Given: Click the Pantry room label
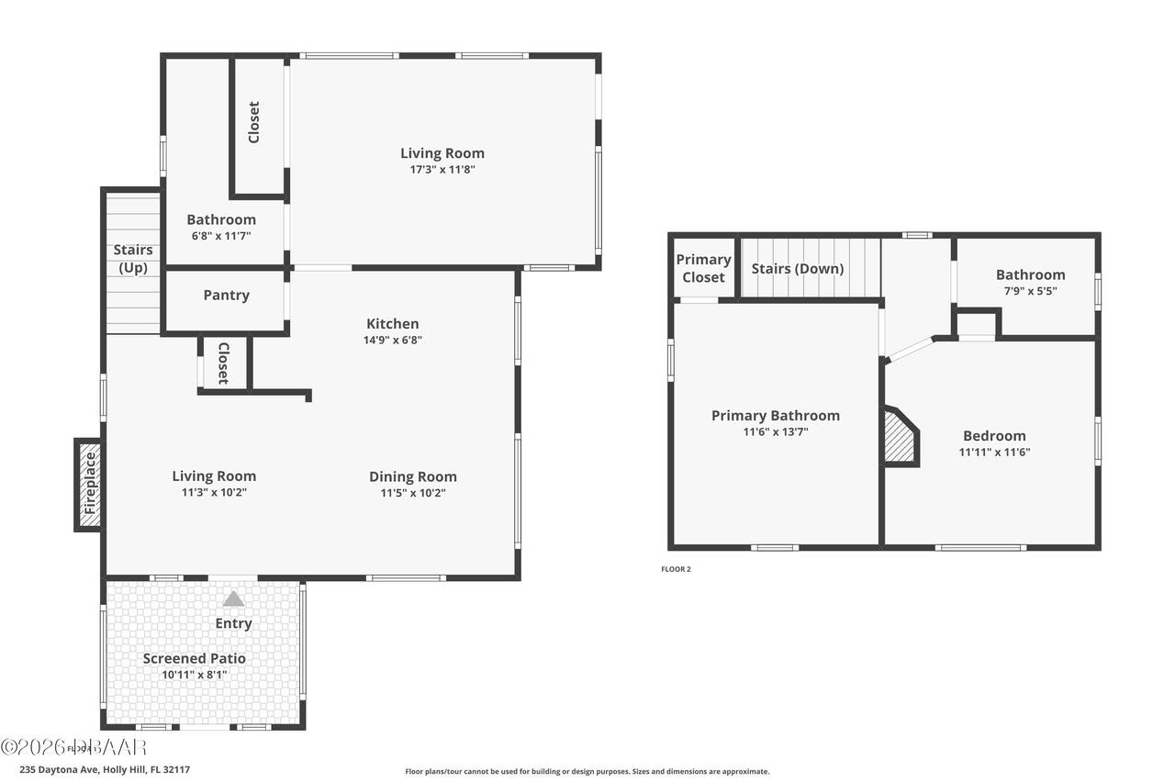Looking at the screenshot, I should [226, 296].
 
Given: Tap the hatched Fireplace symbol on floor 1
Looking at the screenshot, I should [90, 485].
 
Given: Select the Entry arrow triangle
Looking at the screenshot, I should [234, 599].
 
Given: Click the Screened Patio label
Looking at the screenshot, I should [194, 658].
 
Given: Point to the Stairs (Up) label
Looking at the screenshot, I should [133, 259].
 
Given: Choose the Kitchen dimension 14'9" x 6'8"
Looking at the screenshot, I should [393, 340].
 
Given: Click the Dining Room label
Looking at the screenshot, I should [412, 476].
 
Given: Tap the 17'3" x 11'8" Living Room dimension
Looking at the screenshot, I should [442, 170].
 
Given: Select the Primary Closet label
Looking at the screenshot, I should [703, 268].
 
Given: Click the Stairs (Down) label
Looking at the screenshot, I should [797, 269].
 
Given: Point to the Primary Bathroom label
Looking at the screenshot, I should [775, 416].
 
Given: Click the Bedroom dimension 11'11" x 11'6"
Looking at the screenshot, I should [994, 452].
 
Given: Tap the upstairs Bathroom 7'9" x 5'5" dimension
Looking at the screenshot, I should [1030, 290].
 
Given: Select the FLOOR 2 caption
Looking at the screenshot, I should [676, 569].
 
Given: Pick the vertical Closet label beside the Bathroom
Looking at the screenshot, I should [254, 122].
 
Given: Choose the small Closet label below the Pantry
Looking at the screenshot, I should [222, 364].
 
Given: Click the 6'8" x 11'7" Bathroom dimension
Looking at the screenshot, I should [220, 236].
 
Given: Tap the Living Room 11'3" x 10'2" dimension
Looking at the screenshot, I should [214, 492].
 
